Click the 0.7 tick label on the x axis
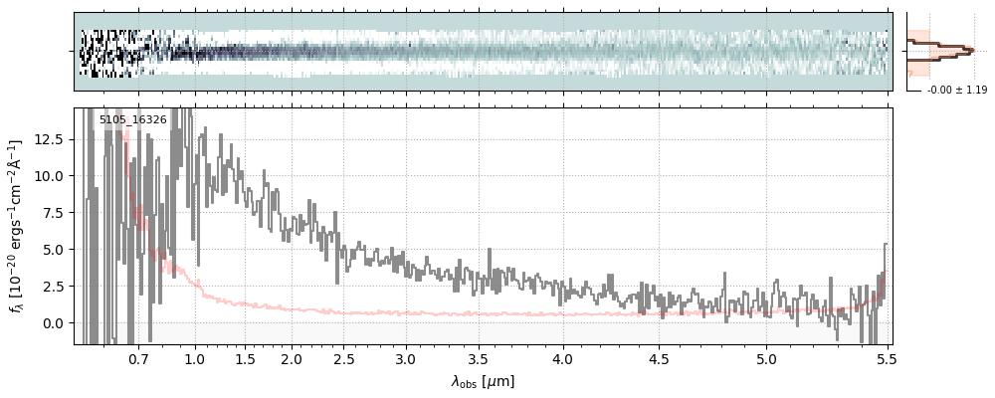(x=138, y=358)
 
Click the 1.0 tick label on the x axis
(x=195, y=358)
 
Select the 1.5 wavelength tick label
(x=245, y=358)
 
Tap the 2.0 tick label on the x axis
(x=292, y=358)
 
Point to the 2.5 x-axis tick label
(x=344, y=358)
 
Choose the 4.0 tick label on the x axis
(x=563, y=358)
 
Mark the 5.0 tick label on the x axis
(x=766, y=358)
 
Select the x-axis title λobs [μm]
(x=483, y=381)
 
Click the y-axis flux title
(x=17, y=226)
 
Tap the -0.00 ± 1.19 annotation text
(x=956, y=91)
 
